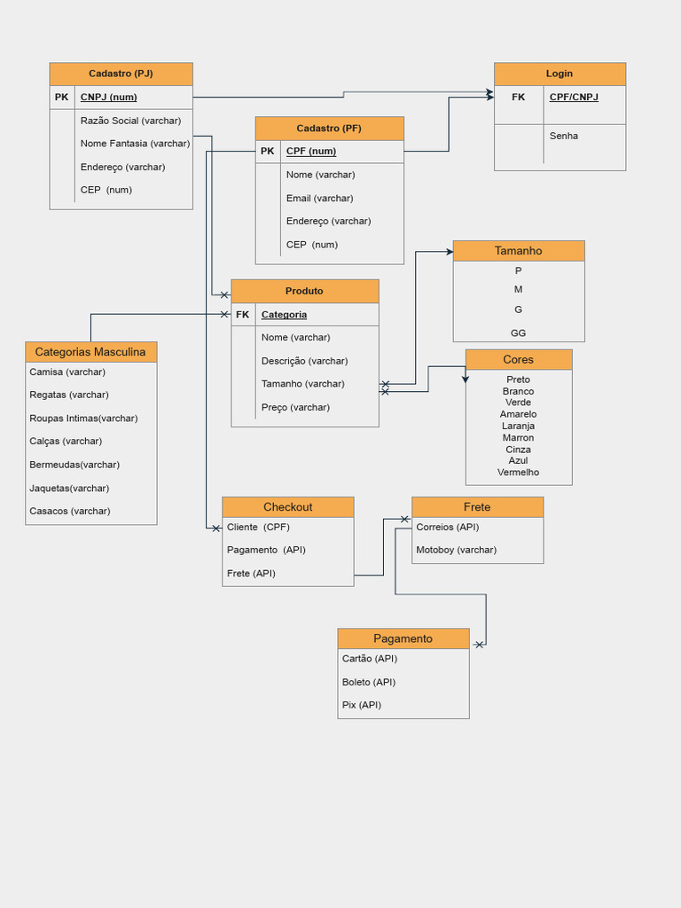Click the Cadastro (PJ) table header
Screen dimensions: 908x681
(x=121, y=74)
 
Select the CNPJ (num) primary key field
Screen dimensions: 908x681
(x=108, y=97)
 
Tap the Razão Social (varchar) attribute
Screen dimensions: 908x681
(x=130, y=121)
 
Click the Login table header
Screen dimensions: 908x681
(x=559, y=74)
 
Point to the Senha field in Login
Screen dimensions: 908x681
(x=563, y=136)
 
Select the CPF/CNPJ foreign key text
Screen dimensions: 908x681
(x=573, y=97)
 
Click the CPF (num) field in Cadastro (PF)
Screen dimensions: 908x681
(x=310, y=152)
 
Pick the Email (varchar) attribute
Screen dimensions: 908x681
(x=319, y=199)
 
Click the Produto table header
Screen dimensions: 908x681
(x=304, y=291)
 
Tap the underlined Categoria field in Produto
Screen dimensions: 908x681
(x=284, y=315)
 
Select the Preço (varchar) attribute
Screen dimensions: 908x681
(x=295, y=408)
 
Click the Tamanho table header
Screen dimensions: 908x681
(x=518, y=251)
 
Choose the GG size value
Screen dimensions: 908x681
(x=518, y=333)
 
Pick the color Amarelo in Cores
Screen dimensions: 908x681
(x=518, y=414)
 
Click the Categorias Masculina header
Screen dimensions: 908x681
(x=90, y=352)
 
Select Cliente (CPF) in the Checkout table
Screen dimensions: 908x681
(x=258, y=527)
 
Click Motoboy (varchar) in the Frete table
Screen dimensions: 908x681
(x=456, y=550)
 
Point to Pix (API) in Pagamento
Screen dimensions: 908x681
(x=361, y=705)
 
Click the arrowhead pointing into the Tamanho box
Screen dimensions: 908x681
(x=449, y=252)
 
